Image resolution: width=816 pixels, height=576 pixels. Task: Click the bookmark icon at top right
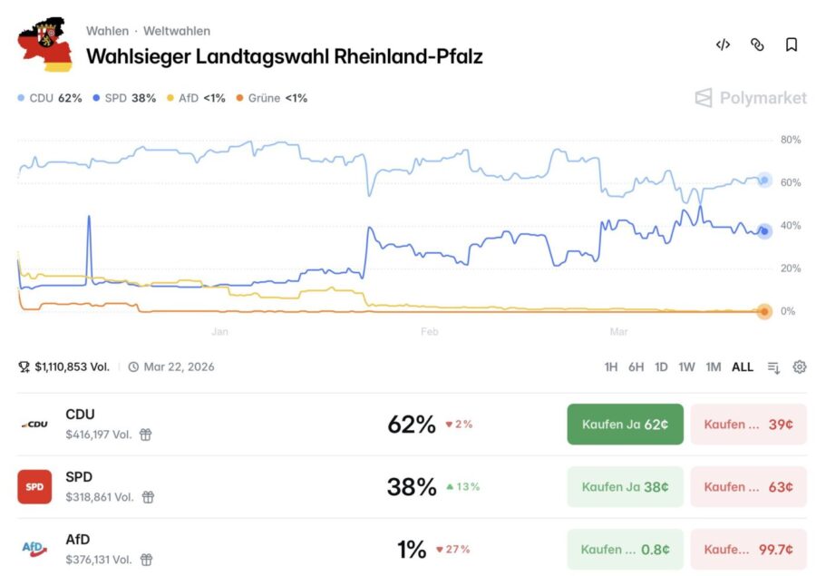pyautogui.click(x=792, y=44)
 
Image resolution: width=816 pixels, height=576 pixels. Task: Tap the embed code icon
pyautogui.click(x=723, y=44)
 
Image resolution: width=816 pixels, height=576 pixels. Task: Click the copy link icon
pyautogui.click(x=757, y=44)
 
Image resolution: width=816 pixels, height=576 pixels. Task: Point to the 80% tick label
pyautogui.click(x=790, y=140)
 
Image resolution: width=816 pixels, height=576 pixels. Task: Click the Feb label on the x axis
pyautogui.click(x=430, y=332)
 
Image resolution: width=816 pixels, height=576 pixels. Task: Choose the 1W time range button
pyautogui.click(x=686, y=367)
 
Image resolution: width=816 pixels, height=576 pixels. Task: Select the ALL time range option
pyautogui.click(x=743, y=367)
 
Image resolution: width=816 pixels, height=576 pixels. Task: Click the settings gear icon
pyautogui.click(x=799, y=367)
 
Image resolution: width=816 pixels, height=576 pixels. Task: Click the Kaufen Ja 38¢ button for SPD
pyautogui.click(x=625, y=487)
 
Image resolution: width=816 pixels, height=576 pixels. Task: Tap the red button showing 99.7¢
pyautogui.click(x=748, y=550)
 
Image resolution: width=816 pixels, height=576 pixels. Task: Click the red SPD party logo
pyautogui.click(x=34, y=487)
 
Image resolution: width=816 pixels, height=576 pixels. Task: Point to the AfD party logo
pyautogui.click(x=34, y=549)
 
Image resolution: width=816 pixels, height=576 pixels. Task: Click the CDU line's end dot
pyautogui.click(x=764, y=180)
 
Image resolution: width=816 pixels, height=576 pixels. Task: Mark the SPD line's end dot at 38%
pyautogui.click(x=764, y=231)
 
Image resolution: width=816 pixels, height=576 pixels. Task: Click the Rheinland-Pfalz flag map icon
pyautogui.click(x=46, y=44)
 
